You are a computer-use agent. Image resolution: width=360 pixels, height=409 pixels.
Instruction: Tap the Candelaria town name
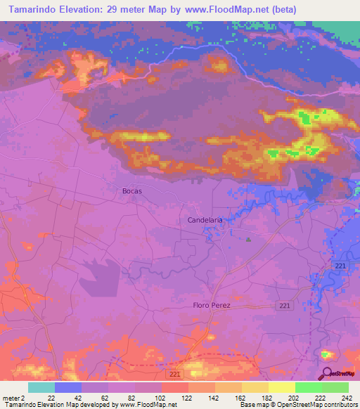click(x=205, y=220)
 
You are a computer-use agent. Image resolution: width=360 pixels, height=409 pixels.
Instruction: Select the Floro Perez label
click(x=212, y=306)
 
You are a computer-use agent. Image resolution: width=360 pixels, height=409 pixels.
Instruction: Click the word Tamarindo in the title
click(x=31, y=10)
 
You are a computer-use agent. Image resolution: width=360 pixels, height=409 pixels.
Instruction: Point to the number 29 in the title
click(x=115, y=10)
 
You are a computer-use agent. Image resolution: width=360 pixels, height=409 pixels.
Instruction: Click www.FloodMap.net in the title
click(x=229, y=10)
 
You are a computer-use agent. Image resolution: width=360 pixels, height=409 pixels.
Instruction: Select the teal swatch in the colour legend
click(x=41, y=387)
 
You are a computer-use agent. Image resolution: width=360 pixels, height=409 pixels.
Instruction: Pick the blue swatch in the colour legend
click(x=68, y=387)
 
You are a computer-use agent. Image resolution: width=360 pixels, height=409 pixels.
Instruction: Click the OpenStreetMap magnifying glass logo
click(x=326, y=374)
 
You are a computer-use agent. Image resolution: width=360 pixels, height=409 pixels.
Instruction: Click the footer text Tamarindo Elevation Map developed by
click(x=60, y=405)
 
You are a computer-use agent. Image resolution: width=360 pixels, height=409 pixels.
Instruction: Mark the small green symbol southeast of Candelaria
click(x=248, y=240)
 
